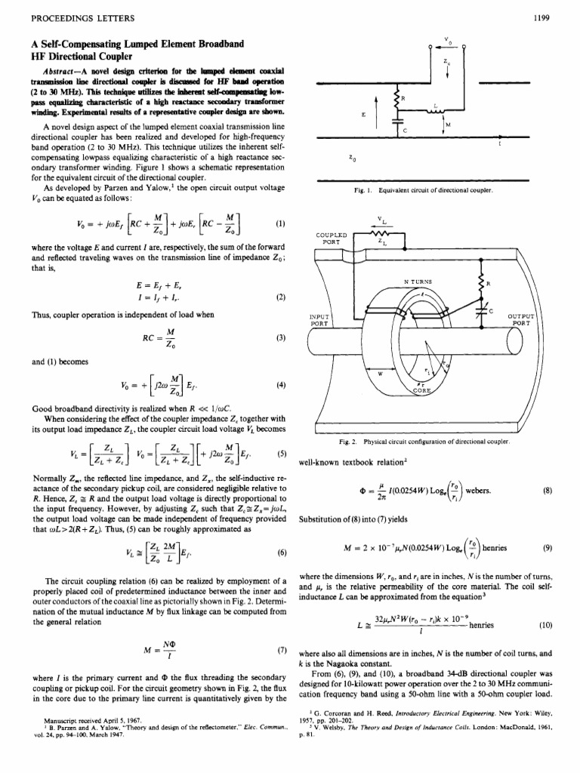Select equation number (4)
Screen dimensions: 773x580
pyautogui.click(x=280, y=383)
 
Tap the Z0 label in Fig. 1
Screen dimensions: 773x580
pyautogui.click(x=353, y=159)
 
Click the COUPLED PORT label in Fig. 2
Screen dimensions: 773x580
pyautogui.click(x=331, y=238)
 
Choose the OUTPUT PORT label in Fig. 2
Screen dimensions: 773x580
pyautogui.click(x=520, y=319)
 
